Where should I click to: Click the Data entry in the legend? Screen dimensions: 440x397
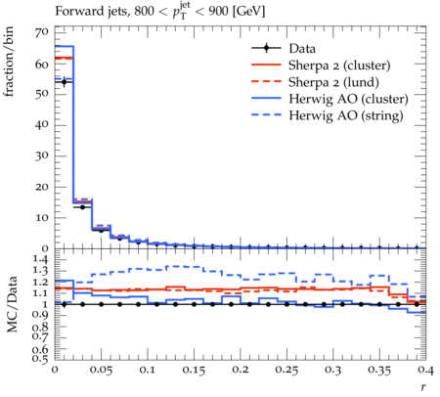302,49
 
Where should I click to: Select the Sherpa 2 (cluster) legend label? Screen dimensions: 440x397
339,66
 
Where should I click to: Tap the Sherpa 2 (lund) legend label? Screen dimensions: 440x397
333,82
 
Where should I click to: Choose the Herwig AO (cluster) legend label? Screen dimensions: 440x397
348,99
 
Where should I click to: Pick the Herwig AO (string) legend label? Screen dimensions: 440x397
346,115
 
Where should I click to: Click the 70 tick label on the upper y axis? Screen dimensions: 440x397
42,32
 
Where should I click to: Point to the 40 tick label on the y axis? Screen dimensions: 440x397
42,125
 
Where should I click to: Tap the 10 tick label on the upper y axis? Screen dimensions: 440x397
42,218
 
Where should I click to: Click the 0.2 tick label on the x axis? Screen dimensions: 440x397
240,370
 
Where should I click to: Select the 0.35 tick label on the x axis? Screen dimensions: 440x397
379,370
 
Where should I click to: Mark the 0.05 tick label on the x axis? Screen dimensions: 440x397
101,370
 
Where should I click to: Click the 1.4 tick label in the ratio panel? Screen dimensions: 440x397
40,260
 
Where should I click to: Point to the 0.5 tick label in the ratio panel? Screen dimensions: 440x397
40,359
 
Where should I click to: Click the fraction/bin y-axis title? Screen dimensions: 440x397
9,62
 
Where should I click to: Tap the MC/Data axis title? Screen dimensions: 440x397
12,304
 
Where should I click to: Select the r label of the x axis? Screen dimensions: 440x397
423,387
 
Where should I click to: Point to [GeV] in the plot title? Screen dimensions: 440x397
248,12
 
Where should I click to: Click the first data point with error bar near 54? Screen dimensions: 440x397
64,81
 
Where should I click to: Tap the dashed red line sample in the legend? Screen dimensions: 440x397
266,82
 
